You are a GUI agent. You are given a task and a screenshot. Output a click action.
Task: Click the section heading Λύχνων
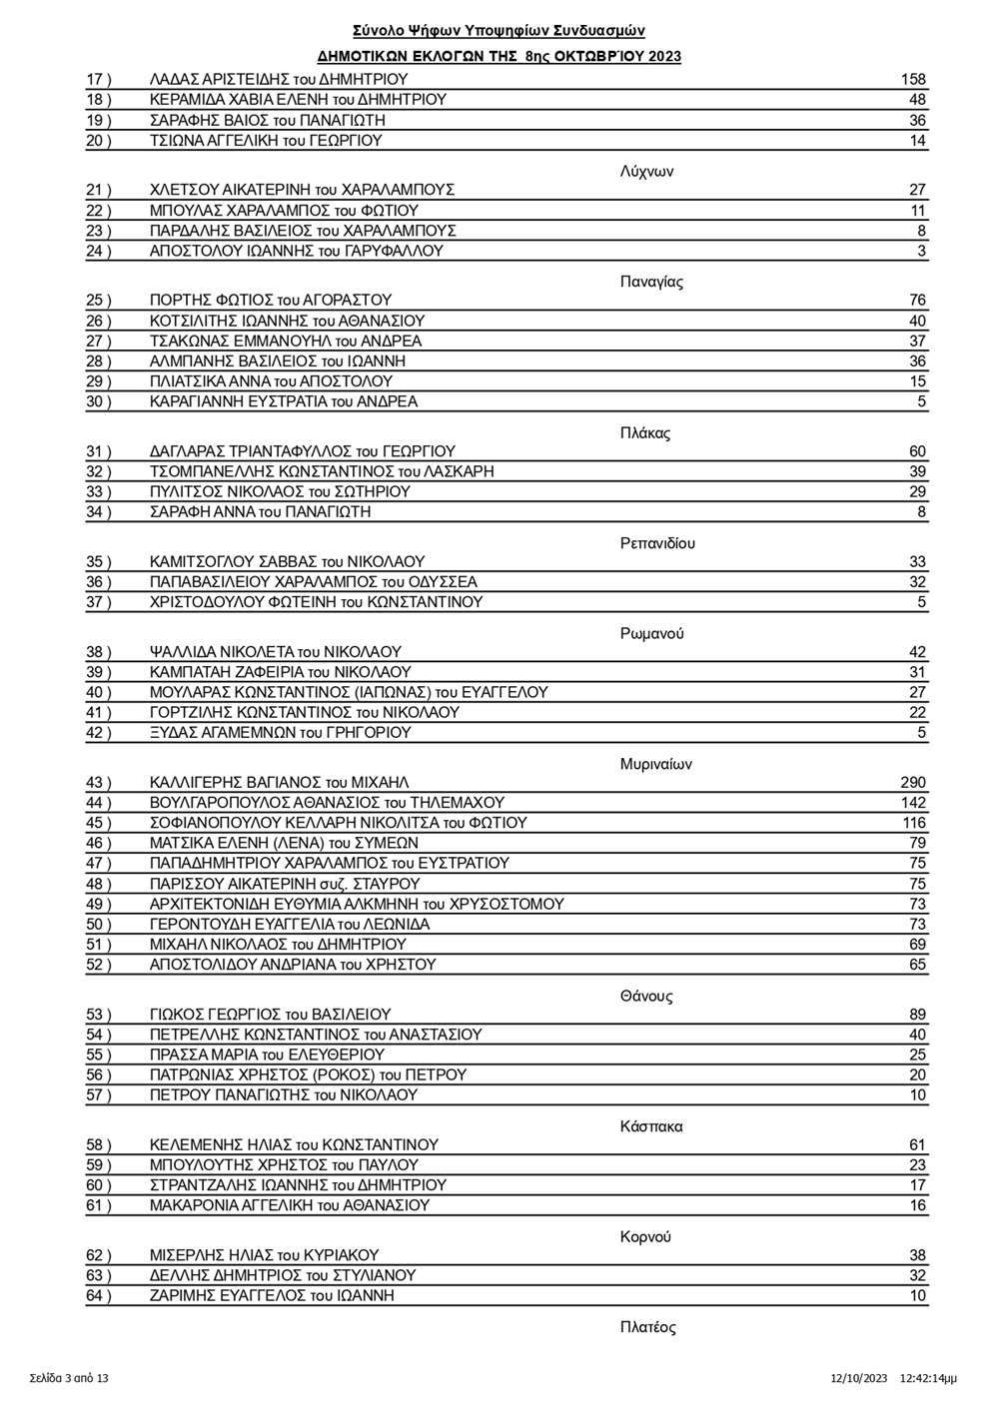pos(646,171)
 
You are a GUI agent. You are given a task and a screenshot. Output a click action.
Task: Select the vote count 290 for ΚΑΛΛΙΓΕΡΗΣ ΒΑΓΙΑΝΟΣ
pos(912,783)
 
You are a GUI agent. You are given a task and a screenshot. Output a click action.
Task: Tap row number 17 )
pos(98,80)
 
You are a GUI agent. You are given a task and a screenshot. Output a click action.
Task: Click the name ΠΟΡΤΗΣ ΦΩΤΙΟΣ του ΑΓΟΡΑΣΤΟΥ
pos(270,301)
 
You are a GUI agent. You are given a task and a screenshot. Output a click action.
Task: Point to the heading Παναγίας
pos(651,282)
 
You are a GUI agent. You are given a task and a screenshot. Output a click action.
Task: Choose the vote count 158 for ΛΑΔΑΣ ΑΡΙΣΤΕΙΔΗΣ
pos(912,80)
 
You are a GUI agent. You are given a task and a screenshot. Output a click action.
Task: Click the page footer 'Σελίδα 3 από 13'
pos(69,1379)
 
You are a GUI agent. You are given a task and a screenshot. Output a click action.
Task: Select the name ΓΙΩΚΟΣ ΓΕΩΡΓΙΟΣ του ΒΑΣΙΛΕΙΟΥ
pos(270,1015)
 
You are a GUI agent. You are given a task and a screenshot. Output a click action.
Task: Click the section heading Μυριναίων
pos(655,764)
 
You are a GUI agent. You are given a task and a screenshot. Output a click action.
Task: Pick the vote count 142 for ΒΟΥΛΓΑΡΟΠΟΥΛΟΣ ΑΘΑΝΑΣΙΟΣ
pos(912,803)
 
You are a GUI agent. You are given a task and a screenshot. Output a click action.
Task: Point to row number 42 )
pos(98,733)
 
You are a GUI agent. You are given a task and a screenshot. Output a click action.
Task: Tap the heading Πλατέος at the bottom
pos(647,1327)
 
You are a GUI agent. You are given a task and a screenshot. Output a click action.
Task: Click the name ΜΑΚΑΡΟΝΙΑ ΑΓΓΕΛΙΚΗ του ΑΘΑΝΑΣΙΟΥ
pos(289,1205)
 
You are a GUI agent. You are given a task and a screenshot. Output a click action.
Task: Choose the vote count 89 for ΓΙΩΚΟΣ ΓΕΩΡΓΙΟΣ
pos(917,1015)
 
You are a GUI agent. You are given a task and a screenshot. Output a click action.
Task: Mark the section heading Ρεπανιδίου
pos(657,543)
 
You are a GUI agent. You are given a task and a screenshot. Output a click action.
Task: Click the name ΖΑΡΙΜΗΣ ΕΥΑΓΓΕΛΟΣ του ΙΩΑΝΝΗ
pos(272,1296)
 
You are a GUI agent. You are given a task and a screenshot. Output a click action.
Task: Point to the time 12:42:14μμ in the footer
pos(928,1379)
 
